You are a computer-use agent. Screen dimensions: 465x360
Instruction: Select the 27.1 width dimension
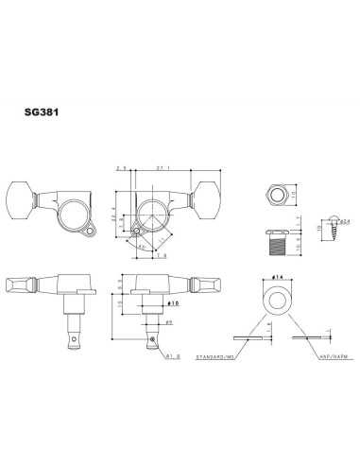tap(165, 167)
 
